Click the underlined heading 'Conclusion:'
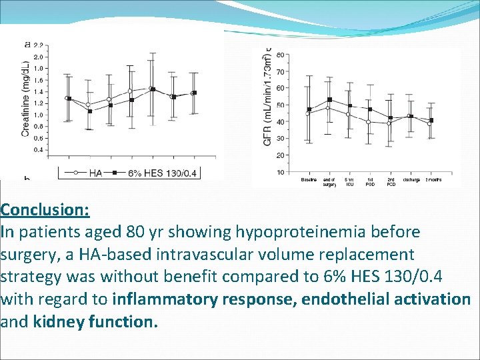pyautogui.click(x=45, y=209)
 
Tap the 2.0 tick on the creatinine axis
pyautogui.click(x=39, y=57)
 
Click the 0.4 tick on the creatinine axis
pyautogui.click(x=39, y=150)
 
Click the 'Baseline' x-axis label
pyautogui.click(x=309, y=179)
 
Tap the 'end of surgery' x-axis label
pyautogui.click(x=329, y=181)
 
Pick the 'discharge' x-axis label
pyautogui.click(x=411, y=179)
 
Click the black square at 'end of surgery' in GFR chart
pyautogui.click(x=329, y=100)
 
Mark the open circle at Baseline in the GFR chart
pyautogui.click(x=307, y=114)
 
